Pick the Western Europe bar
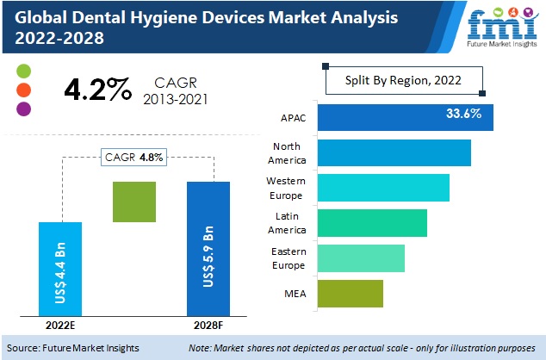382,187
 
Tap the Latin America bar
371,222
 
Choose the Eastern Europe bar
360,258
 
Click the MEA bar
350,293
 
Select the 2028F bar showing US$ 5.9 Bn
208,248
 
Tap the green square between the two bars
134,202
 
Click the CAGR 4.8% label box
134,158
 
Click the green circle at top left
24,71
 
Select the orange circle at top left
24,90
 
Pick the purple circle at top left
24,109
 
